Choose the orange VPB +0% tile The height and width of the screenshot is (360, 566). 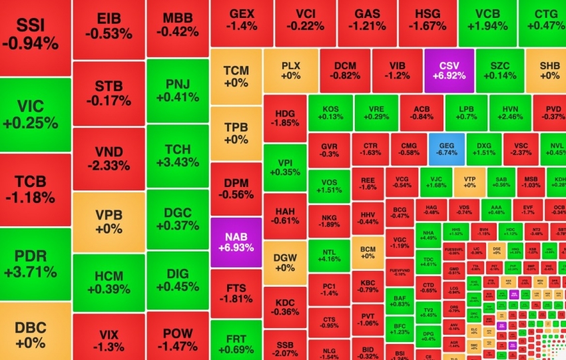[109, 222]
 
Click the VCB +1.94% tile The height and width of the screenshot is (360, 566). [493, 20]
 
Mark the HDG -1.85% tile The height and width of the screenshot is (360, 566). [285, 117]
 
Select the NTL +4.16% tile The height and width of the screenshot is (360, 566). [329, 256]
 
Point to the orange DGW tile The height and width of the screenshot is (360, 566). [285, 262]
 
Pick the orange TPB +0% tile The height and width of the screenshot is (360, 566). [235, 134]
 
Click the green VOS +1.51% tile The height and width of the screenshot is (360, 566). [329, 184]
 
